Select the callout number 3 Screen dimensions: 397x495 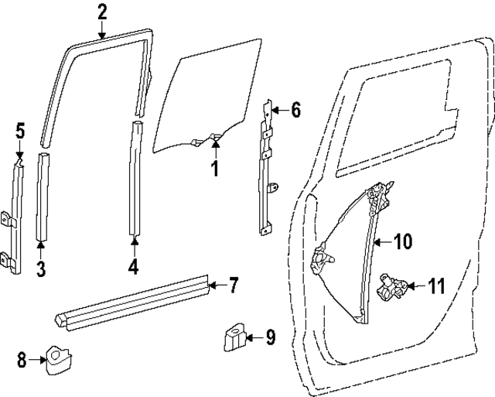(x=41, y=269)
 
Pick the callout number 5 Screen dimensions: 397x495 (x=21, y=132)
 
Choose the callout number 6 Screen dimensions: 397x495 (x=295, y=110)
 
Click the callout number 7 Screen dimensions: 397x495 (x=234, y=286)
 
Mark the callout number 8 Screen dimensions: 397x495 (x=22, y=359)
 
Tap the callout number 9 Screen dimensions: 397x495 (x=270, y=337)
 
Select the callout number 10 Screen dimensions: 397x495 (x=403, y=241)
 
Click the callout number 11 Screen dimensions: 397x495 (x=436, y=286)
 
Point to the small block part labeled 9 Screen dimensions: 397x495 (x=232, y=337)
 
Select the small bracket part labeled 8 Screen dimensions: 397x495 (x=57, y=358)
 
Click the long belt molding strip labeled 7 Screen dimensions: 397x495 (x=131, y=298)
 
